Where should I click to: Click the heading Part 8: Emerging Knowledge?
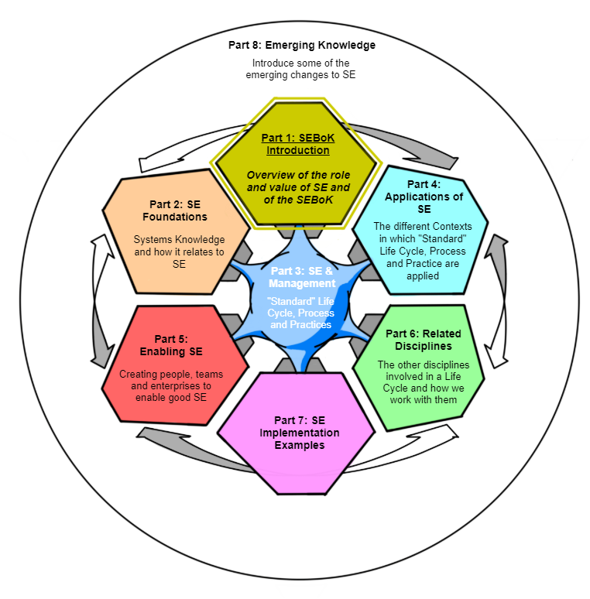pos(301,46)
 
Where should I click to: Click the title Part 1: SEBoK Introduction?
pos(298,144)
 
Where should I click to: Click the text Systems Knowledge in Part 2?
pos(180,240)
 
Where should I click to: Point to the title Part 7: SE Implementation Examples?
pos(299,433)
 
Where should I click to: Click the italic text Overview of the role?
pos(299,175)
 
